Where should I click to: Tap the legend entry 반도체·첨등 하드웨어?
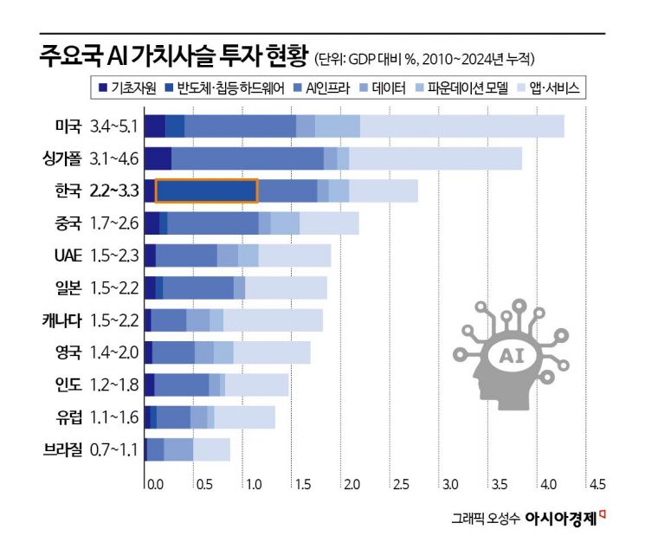point(223,87)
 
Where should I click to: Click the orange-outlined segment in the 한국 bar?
point(206,191)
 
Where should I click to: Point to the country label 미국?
point(67,127)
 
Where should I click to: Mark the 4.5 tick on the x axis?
point(597,482)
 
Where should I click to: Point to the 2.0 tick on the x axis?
point(351,482)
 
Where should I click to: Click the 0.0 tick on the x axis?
point(152,482)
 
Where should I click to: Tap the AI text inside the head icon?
point(508,354)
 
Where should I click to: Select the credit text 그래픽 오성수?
point(484,519)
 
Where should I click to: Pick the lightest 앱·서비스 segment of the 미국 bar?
point(461,126)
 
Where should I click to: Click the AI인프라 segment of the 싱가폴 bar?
point(247,158)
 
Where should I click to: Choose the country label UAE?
point(68,255)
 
